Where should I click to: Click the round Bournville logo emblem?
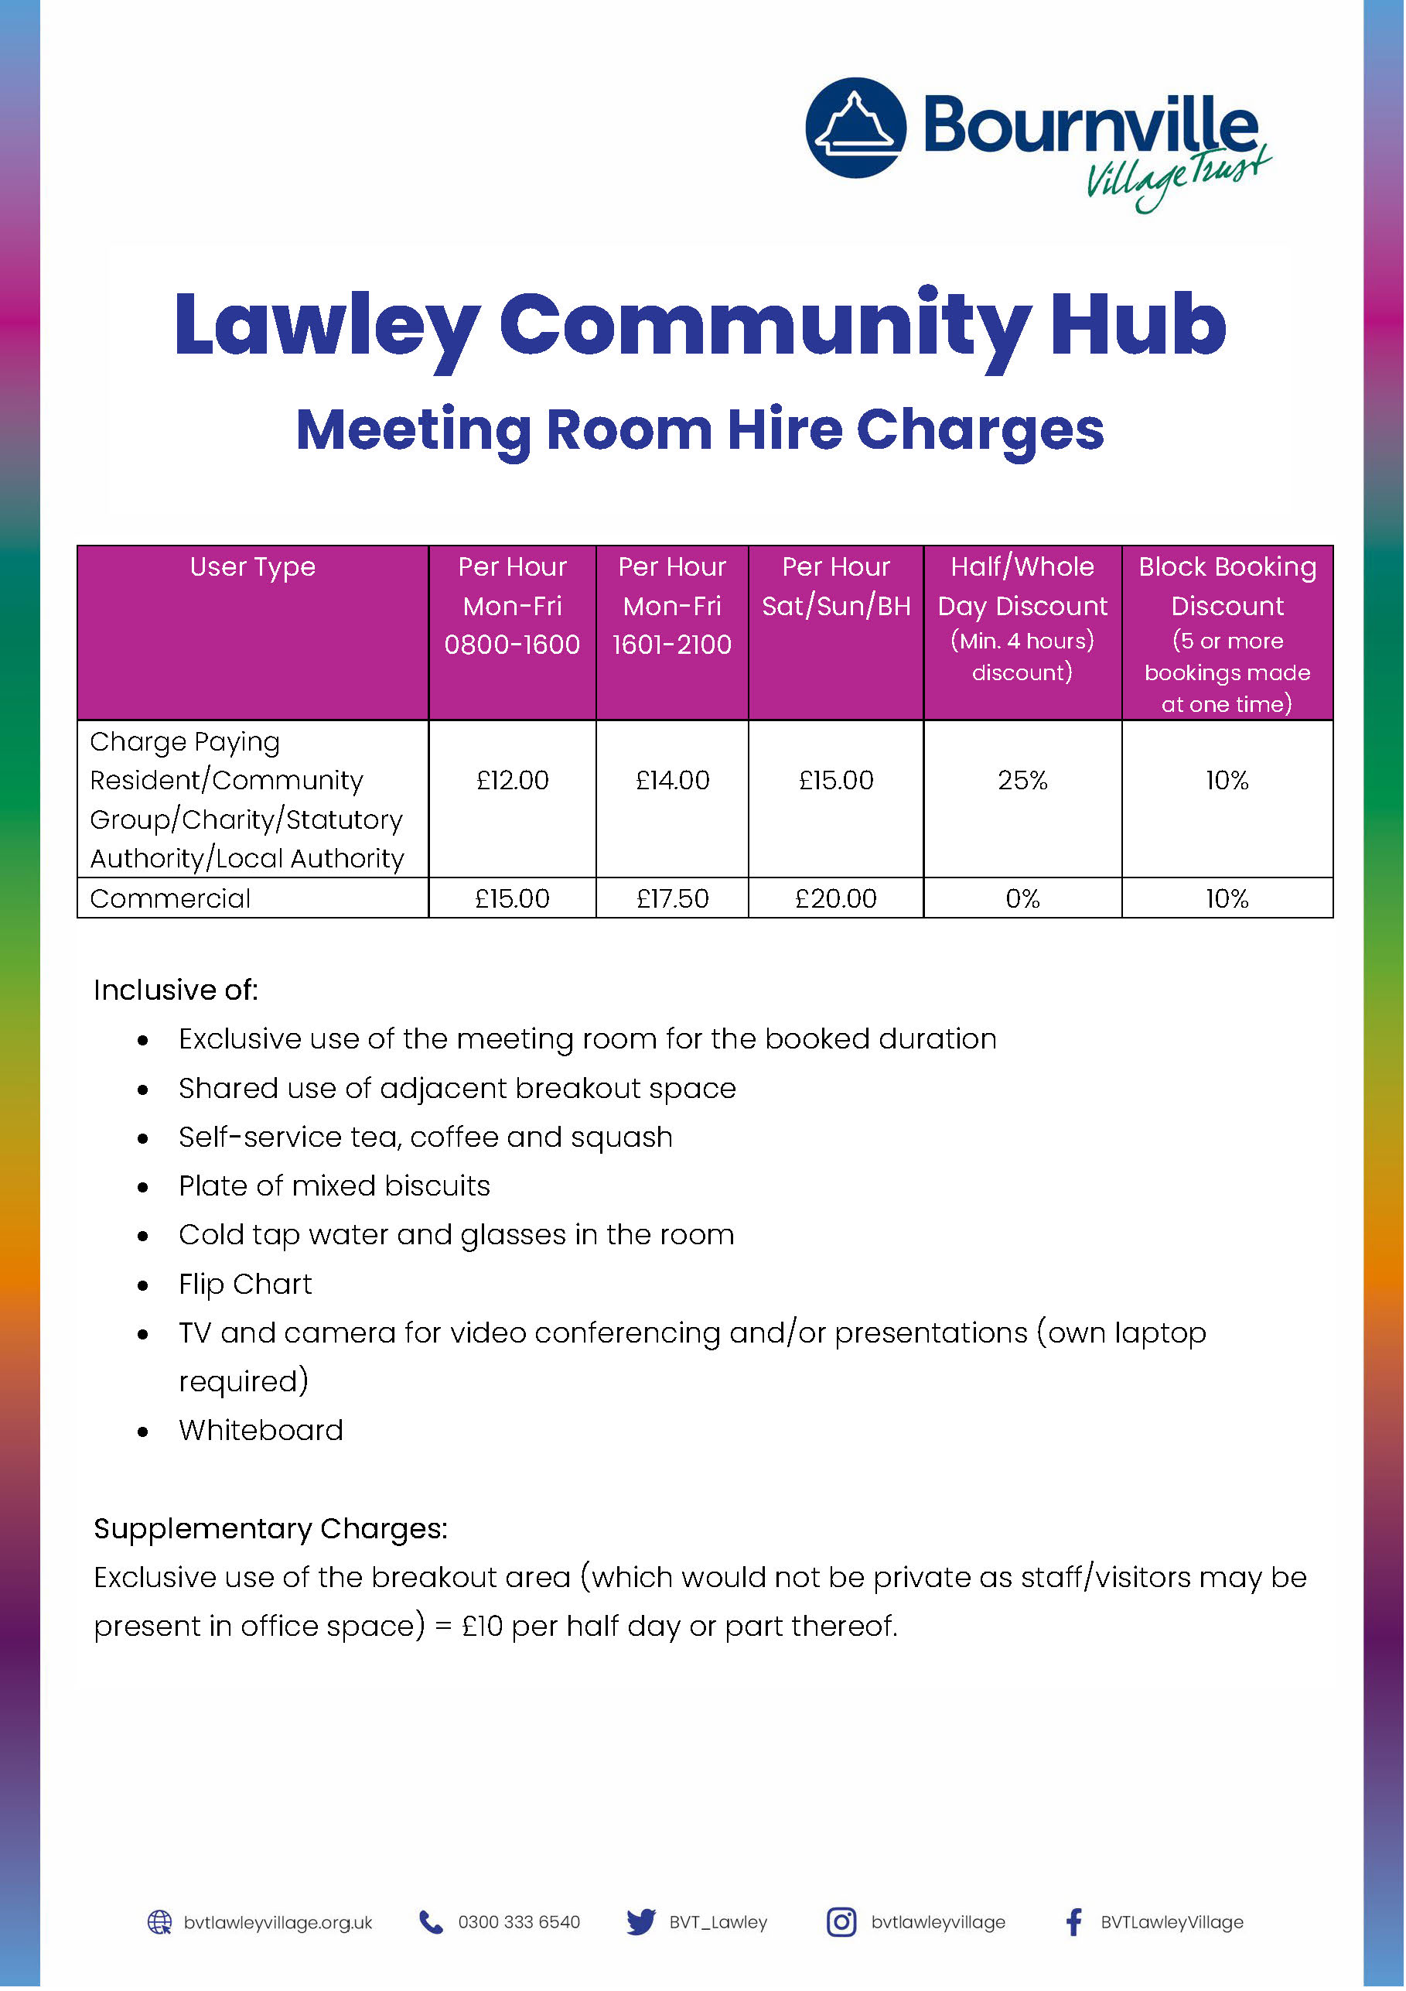[x=855, y=128]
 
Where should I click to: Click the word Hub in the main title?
[x=1138, y=324]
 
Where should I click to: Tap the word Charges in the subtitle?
[x=980, y=430]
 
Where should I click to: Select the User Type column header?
[x=252, y=567]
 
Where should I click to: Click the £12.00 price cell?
[x=512, y=781]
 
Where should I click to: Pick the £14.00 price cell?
[x=672, y=781]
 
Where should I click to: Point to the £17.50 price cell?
[x=672, y=898]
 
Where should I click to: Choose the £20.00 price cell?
[x=835, y=898]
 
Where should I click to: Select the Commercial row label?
[x=171, y=898]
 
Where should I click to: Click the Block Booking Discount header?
[x=1227, y=587]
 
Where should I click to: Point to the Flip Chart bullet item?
[x=245, y=1284]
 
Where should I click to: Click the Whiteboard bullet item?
[x=261, y=1430]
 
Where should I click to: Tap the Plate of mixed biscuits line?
[x=335, y=1185]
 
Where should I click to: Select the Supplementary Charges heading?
[x=271, y=1528]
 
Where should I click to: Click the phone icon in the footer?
[x=431, y=1922]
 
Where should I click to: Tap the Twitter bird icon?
[x=640, y=1922]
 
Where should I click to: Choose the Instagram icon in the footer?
[x=841, y=1922]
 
